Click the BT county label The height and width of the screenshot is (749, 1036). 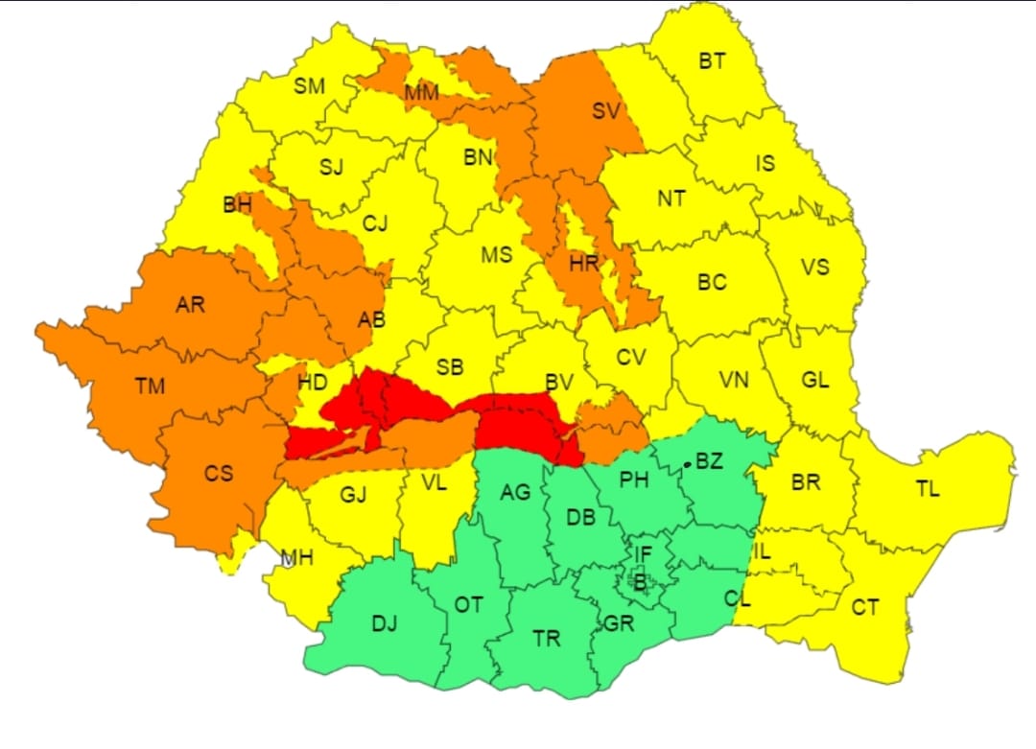point(712,61)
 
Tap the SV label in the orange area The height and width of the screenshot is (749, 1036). point(605,111)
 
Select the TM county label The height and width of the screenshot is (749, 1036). point(150,386)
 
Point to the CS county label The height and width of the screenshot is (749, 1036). point(218,473)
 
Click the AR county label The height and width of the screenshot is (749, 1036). point(190,305)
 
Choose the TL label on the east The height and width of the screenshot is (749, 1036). point(927,489)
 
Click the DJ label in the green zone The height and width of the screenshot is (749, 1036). point(384,624)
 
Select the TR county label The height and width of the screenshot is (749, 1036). point(546,638)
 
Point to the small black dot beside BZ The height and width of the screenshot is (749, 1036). point(687,466)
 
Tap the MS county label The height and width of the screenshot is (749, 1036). point(496,255)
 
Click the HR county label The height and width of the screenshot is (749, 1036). point(583,263)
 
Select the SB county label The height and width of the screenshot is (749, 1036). point(449,367)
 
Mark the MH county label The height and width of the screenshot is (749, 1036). point(295,557)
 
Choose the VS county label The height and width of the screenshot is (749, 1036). point(814,267)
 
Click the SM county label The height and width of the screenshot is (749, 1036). point(309,86)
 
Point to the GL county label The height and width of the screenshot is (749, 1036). point(814,380)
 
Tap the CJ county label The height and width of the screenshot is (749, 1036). point(375,223)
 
